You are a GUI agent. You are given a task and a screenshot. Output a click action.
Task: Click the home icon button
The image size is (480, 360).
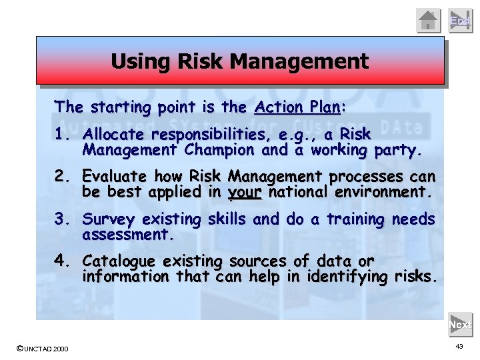coord(429,20)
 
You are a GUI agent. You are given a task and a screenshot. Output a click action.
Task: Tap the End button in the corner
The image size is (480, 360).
coord(460,20)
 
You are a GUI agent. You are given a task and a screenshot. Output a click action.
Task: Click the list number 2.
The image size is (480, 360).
coord(63,177)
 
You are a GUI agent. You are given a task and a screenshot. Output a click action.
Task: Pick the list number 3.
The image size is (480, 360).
coord(63,219)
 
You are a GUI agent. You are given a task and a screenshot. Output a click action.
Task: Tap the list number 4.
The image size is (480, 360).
coord(63,261)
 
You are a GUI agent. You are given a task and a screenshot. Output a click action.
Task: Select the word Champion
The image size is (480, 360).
coord(223,150)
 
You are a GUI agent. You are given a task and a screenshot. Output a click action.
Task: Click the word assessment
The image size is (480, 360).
coord(127,235)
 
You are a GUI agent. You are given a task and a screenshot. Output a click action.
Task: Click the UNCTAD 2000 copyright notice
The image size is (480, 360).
coord(41,349)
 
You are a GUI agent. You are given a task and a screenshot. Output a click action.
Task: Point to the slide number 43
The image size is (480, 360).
coord(459,347)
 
